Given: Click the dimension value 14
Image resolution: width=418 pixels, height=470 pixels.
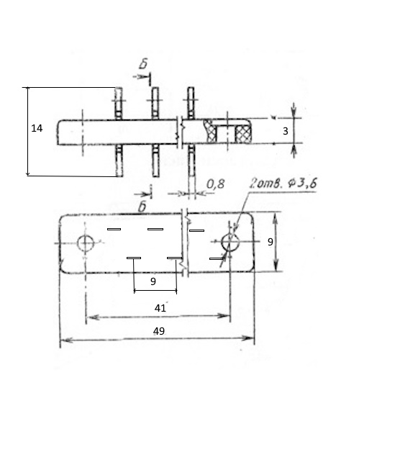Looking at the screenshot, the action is (x=37, y=128).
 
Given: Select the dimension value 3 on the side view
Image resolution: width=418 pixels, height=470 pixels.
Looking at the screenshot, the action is (x=285, y=131).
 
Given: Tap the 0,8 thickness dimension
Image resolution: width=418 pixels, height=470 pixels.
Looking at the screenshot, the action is (x=215, y=184).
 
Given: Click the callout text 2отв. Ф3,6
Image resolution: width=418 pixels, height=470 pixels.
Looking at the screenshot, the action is (x=283, y=183).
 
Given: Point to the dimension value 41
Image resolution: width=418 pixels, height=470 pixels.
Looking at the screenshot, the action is (x=160, y=308).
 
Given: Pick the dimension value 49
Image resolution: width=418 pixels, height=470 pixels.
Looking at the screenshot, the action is (x=159, y=331).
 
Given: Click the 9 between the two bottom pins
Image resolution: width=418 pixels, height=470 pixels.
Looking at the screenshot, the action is (x=153, y=281).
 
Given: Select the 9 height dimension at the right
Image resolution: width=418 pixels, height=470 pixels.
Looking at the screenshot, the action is (x=271, y=242).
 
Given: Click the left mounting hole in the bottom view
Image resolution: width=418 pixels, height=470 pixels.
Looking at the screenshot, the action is (x=86, y=243).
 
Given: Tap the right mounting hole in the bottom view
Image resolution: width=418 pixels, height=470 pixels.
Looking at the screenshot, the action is (x=230, y=242).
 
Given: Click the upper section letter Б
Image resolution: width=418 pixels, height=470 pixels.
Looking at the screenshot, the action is (x=143, y=64).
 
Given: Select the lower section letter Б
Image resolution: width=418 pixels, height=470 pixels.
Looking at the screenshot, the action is (x=142, y=207).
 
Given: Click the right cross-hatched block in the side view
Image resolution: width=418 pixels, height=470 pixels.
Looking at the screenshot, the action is (x=243, y=134).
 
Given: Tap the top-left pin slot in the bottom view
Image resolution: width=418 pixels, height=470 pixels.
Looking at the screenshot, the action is (x=114, y=230).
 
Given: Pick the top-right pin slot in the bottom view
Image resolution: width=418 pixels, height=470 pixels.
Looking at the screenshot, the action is (x=196, y=230).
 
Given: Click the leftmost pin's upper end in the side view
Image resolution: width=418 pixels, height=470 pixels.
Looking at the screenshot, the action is (x=119, y=88).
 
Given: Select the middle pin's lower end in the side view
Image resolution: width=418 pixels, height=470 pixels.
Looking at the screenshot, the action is (x=155, y=175).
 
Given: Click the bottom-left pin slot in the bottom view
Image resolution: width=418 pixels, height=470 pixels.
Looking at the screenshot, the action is (x=134, y=258).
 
